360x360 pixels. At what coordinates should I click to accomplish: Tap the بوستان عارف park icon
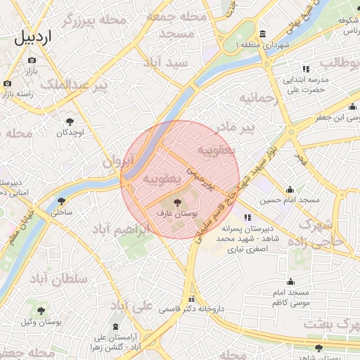point(176,202)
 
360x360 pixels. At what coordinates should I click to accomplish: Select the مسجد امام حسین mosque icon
point(290,189)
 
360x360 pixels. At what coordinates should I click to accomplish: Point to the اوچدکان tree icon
point(69,121)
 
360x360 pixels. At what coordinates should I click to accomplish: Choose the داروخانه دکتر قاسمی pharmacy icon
point(191,298)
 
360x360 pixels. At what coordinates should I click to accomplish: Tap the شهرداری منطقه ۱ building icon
point(262,34)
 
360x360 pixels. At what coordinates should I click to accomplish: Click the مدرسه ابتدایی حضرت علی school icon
point(306,69)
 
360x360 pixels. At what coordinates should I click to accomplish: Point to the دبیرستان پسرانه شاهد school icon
point(247,217)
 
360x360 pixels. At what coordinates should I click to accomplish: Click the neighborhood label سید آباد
point(166,63)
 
